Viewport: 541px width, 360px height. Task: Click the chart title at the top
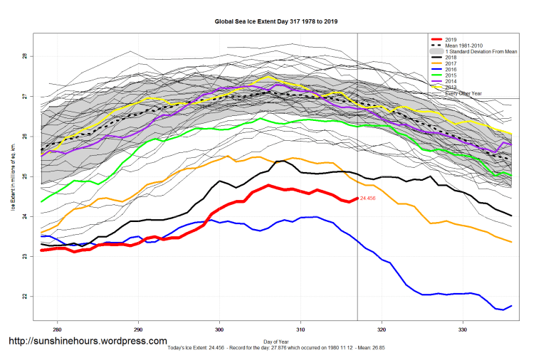click(276, 22)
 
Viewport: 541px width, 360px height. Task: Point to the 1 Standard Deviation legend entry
click(476, 51)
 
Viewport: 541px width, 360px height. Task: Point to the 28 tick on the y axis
click(25, 56)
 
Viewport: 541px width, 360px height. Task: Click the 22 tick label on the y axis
click(25, 296)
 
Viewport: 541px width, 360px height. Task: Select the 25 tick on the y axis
click(25, 176)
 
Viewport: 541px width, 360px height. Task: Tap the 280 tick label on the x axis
click(57, 330)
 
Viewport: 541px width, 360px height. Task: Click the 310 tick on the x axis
click(300, 330)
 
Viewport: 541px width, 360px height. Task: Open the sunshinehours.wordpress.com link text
click(88, 342)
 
